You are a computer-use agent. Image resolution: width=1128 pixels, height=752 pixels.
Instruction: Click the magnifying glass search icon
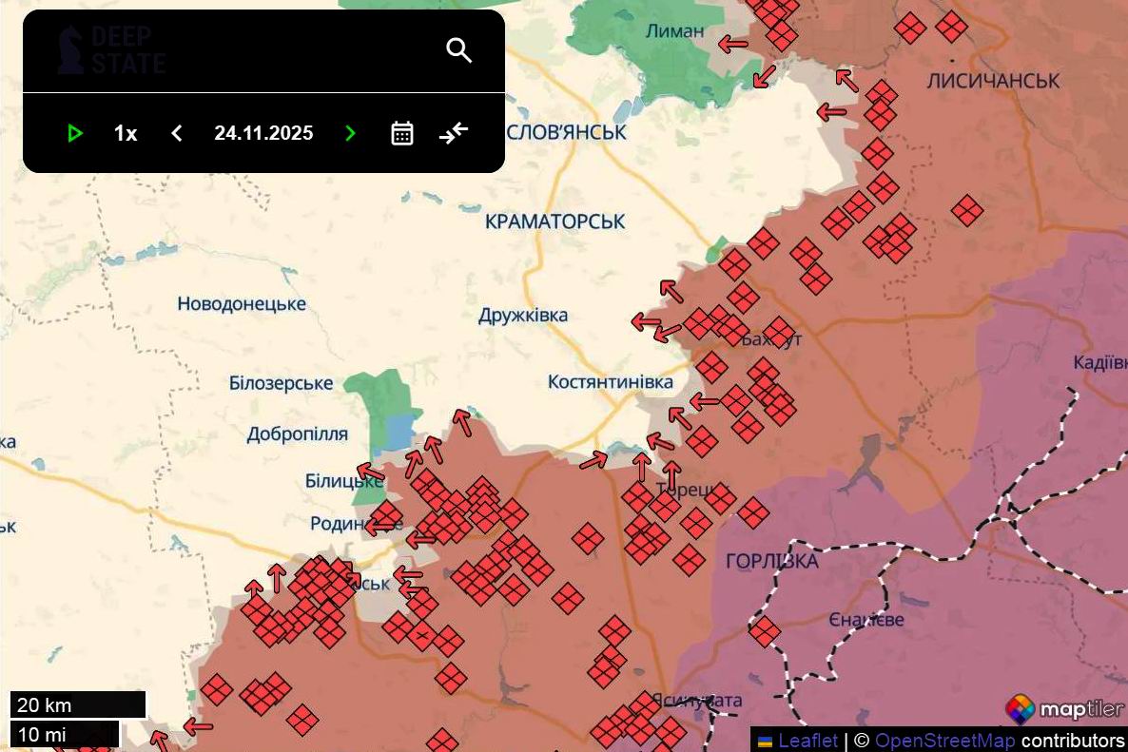[x=459, y=50]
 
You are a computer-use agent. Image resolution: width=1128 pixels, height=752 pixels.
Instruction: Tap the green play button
[x=75, y=133]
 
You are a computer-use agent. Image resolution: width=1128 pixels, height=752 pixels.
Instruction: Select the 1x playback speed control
[x=126, y=133]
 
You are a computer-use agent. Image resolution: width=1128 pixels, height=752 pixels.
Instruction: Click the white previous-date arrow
[x=176, y=133]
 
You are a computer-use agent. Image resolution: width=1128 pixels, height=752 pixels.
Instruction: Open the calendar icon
[x=402, y=133]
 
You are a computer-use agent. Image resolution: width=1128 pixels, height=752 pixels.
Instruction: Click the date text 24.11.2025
[x=263, y=133]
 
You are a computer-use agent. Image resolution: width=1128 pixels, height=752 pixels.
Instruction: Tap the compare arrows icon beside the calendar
[x=454, y=133]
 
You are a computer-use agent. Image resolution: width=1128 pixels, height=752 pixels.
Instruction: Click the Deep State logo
[x=110, y=50]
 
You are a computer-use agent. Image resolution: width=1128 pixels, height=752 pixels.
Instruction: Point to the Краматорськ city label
[x=554, y=222]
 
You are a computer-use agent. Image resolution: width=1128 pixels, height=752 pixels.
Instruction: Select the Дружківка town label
[x=523, y=315]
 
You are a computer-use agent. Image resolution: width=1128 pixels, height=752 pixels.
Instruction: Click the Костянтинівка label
[x=610, y=382]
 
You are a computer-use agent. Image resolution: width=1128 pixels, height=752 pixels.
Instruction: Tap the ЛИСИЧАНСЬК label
[x=992, y=81]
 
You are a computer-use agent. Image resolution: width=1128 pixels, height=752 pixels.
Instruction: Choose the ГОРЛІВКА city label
[x=771, y=561]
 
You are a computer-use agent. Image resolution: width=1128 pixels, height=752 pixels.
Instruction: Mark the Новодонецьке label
[x=242, y=304]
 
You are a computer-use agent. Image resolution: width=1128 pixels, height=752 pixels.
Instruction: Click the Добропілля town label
[x=297, y=434]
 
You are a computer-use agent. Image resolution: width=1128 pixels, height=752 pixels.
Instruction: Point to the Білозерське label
[x=281, y=383]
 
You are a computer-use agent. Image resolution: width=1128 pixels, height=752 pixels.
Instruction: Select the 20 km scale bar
[x=78, y=705]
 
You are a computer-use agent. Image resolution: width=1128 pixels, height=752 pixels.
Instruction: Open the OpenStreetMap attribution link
[x=944, y=740]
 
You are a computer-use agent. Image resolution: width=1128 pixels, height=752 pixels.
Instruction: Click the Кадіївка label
[x=1099, y=362]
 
